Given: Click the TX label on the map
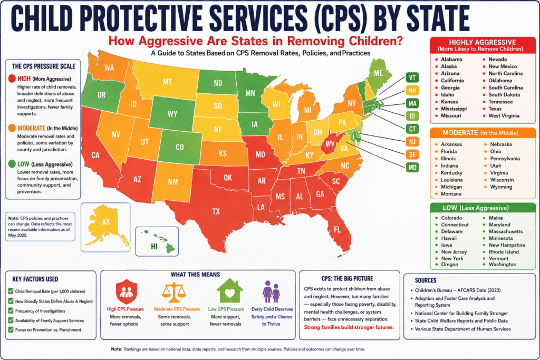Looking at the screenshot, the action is click(216, 211).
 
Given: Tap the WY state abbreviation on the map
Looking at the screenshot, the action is click(172, 114).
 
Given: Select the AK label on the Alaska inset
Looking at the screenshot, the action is click(106, 222).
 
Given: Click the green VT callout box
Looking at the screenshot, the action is click(412, 78).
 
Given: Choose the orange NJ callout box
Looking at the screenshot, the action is click(412, 142).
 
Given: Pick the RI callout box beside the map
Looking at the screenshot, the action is click(412, 116).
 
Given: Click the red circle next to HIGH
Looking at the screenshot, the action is click(12, 79).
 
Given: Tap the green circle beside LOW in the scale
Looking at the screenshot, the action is click(12, 164).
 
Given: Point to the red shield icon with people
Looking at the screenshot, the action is click(127, 291).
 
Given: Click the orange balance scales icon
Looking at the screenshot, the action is click(174, 293).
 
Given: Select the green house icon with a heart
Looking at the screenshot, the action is click(230, 291).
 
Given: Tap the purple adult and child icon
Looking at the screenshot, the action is click(271, 291).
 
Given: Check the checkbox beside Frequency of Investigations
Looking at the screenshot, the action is click(11, 310).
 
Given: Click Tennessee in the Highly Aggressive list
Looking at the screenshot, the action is click(500, 102).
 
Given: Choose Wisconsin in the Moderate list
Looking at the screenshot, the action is click(502, 180).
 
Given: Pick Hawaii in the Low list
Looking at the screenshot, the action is click(449, 238).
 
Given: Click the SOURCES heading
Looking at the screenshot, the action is click(426, 280).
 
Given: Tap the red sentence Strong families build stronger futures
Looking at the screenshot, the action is click(349, 327).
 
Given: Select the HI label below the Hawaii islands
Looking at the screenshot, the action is click(154, 247).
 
